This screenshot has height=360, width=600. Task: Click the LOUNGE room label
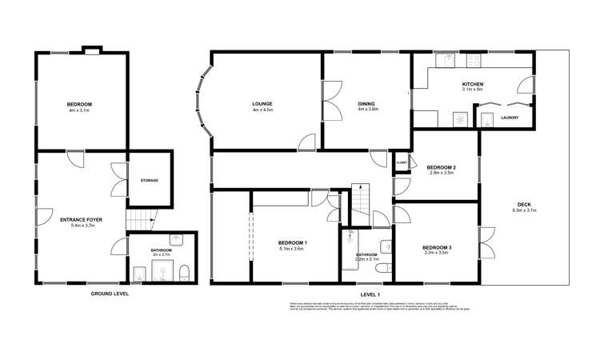[262, 104]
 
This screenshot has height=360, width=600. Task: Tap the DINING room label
[368, 104]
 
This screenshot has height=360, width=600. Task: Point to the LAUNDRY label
[510, 118]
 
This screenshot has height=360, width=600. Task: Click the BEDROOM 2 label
[442, 166]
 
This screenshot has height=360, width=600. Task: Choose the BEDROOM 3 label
[437, 248]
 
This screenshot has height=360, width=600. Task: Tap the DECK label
[523, 205]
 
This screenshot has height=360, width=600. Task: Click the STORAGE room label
[149, 180]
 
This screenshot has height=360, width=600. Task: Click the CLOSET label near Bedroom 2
[402, 162]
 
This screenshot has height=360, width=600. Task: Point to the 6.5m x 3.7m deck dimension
[523, 210]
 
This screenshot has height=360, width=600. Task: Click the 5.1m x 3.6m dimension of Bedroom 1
[292, 249]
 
